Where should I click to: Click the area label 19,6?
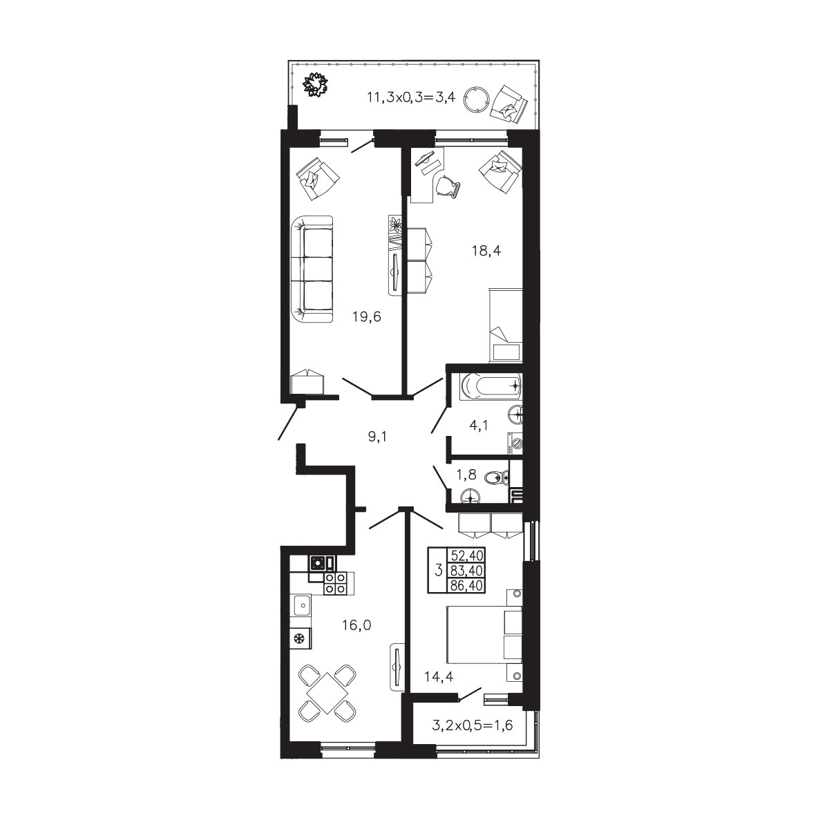[x=367, y=316]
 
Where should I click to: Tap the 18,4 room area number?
[x=486, y=251]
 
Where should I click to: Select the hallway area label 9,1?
[x=377, y=437]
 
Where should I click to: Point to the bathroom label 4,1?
[x=478, y=426]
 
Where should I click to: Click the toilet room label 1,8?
[x=466, y=474]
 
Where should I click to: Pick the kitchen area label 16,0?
[x=356, y=625]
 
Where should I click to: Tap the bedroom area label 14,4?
[x=439, y=676]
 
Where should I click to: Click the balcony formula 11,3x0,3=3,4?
[x=412, y=97]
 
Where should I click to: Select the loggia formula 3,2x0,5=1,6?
[x=473, y=725]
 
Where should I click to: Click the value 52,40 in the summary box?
[x=468, y=555]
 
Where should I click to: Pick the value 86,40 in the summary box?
[x=468, y=585]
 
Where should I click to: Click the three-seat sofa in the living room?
[x=312, y=269]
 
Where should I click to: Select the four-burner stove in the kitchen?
[x=336, y=582]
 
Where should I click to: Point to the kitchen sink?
[x=301, y=606]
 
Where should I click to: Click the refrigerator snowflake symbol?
[x=299, y=638]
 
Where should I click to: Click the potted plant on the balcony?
[x=316, y=84]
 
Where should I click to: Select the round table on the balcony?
[x=476, y=99]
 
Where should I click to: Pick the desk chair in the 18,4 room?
[x=448, y=187]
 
